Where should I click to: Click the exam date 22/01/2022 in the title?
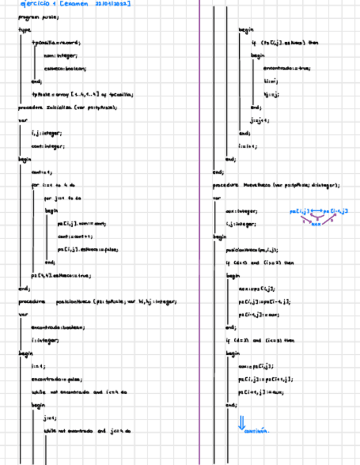113,4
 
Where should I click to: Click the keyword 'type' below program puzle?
25,30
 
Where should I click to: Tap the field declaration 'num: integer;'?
60,55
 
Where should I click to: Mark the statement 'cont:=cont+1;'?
75,236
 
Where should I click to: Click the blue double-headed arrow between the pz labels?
317,211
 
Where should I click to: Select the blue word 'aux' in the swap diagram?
317,224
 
